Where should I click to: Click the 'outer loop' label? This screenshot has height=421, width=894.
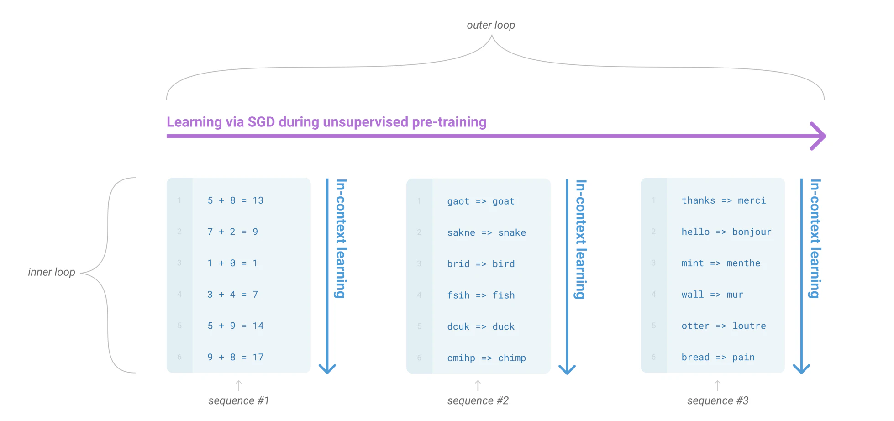491,25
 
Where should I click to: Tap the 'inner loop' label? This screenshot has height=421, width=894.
52,272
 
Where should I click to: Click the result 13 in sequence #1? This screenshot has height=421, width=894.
258,200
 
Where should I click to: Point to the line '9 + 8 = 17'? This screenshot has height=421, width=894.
236,357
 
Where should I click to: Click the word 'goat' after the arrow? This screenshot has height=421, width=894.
503,201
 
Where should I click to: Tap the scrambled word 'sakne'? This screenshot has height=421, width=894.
461,232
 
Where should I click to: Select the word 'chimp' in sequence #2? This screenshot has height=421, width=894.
512,358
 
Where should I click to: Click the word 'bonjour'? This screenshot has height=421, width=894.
752,232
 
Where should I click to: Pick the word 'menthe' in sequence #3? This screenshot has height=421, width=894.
743,263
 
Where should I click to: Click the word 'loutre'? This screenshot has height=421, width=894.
749,326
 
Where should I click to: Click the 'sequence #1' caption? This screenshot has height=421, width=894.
239,401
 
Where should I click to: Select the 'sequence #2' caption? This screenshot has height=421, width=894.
478,401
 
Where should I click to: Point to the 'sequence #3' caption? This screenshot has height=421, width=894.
718,401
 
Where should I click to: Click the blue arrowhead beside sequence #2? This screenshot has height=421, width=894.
567,369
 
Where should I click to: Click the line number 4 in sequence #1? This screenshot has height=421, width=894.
179,295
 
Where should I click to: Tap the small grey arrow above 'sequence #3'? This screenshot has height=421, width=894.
718,385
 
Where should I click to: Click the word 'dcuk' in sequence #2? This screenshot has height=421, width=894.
458,326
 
